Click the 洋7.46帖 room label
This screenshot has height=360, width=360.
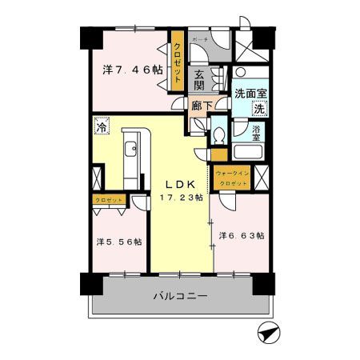(133, 70)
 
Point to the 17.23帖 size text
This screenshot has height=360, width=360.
(181, 196)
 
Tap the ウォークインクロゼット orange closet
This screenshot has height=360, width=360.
(232, 178)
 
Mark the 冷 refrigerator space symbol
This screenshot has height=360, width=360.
(102, 126)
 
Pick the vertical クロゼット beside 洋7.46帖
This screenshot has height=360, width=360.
(178, 62)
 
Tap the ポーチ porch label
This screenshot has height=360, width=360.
(201, 38)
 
